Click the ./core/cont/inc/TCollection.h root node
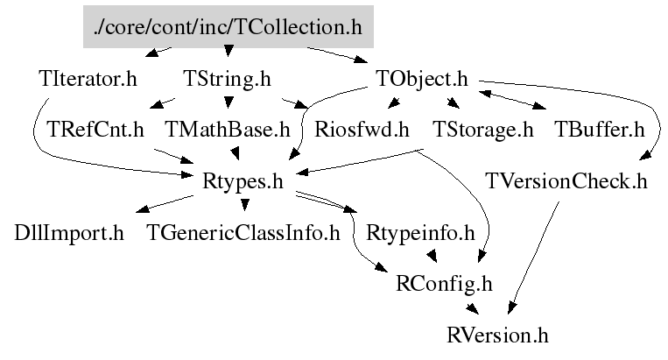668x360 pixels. click(x=229, y=26)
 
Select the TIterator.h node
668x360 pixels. click(x=88, y=79)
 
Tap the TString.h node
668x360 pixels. click(x=227, y=79)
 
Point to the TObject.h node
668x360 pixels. click(x=423, y=79)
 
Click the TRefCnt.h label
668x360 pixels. click(x=96, y=131)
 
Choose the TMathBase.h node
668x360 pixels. click(x=228, y=131)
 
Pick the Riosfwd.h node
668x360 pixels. click(x=362, y=131)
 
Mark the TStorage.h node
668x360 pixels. click(x=483, y=131)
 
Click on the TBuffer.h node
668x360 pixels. click(x=600, y=131)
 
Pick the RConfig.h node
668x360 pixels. click(x=445, y=284)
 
